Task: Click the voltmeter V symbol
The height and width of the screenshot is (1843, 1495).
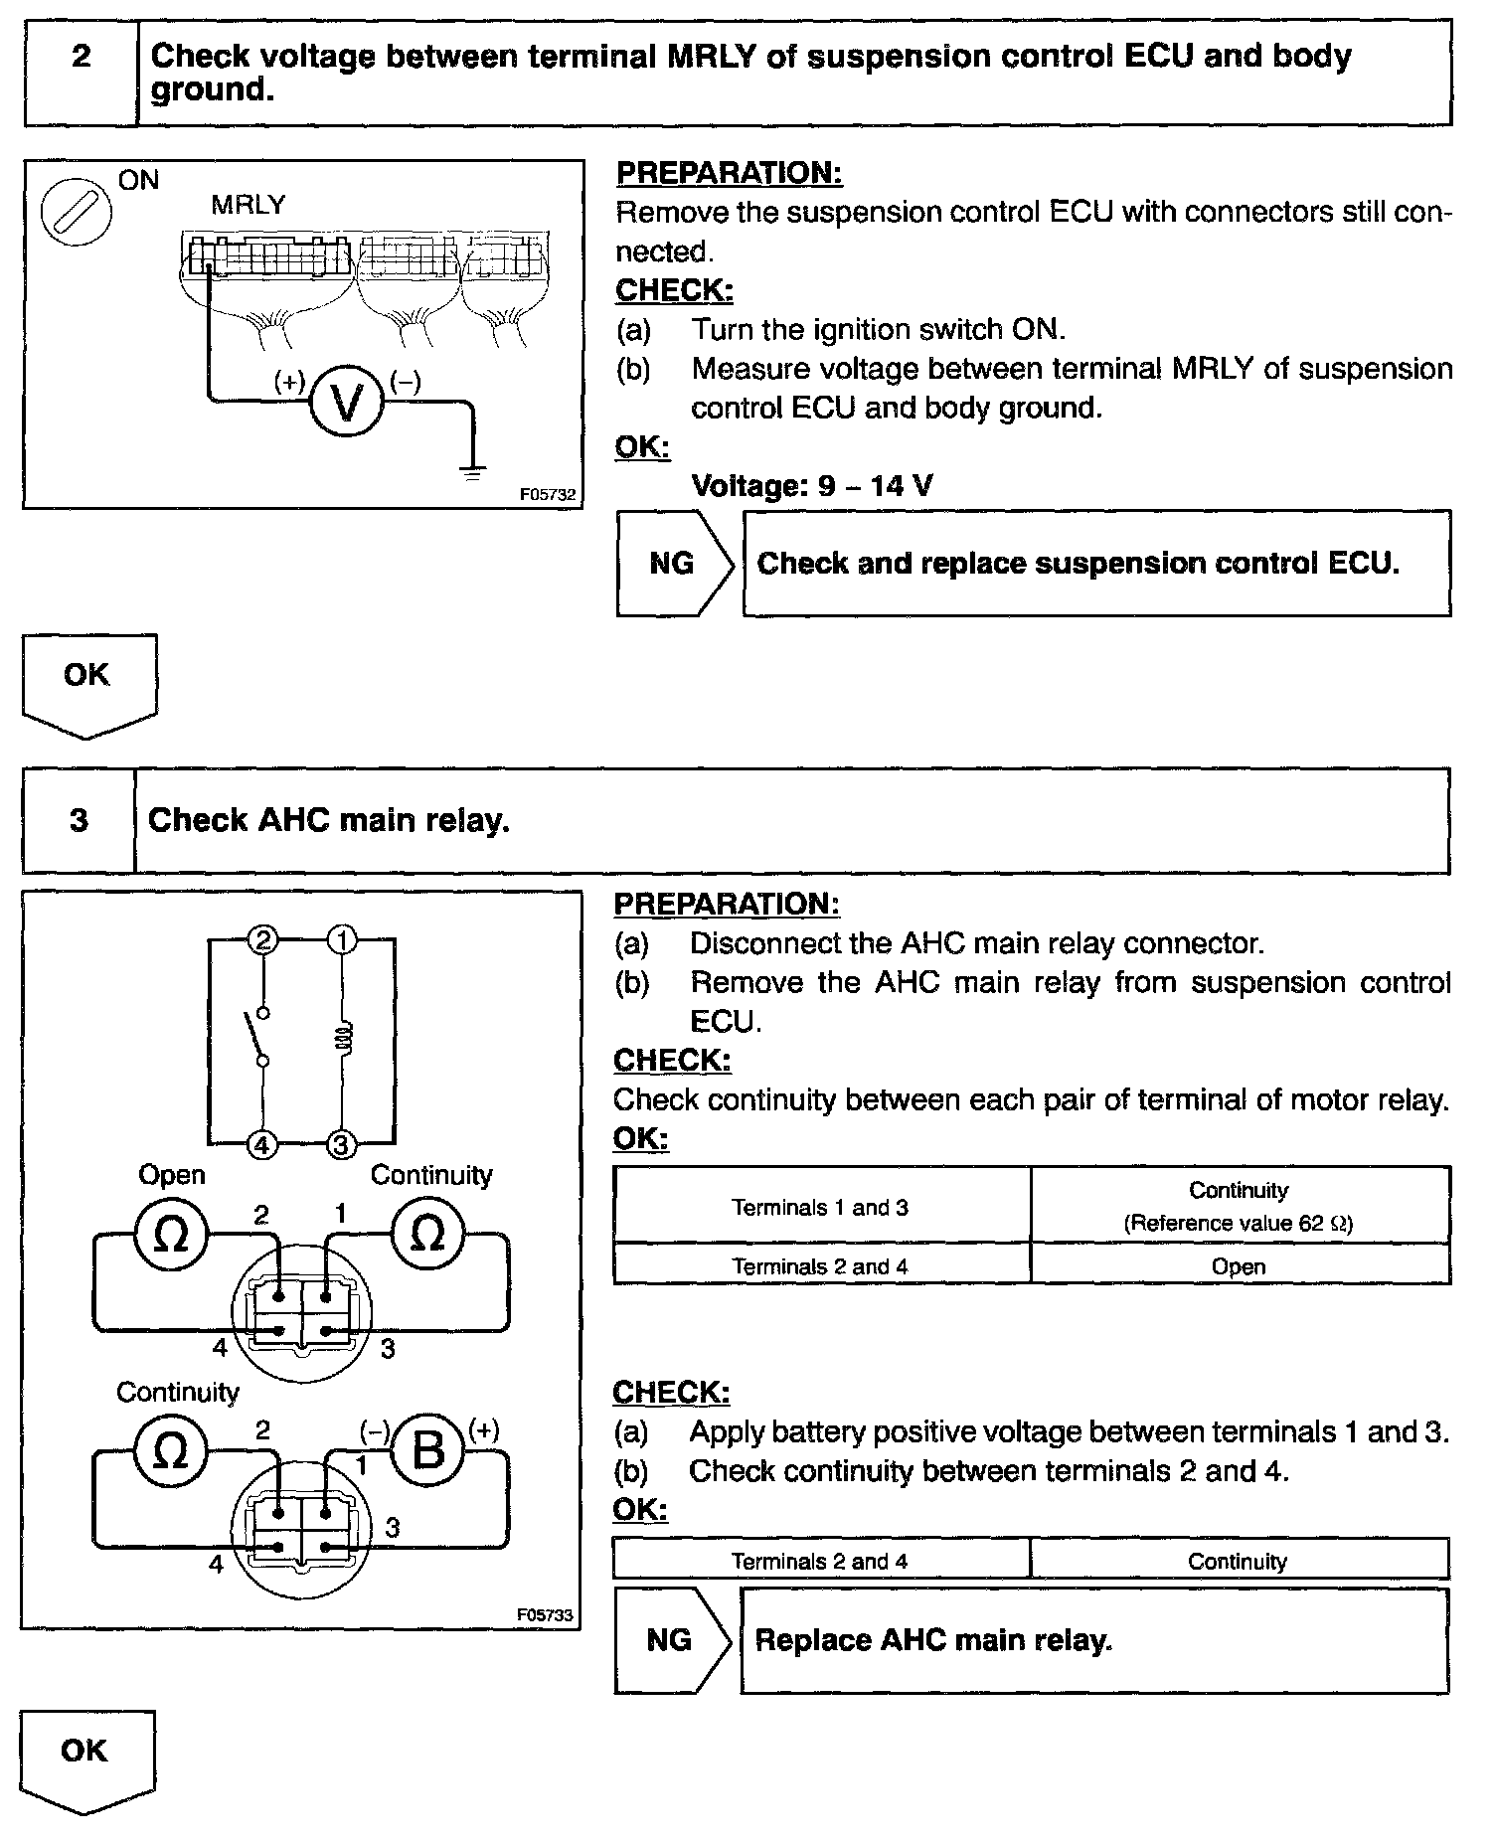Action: coord(346,402)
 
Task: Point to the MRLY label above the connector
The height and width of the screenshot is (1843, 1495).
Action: coord(248,205)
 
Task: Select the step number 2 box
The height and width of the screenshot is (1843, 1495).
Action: coord(81,57)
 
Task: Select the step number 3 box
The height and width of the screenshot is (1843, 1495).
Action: coord(79,820)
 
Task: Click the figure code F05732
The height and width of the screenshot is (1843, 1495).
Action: coord(547,494)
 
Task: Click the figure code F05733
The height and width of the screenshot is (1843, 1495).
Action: coord(545,1615)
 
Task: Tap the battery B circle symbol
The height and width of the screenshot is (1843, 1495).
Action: coord(427,1451)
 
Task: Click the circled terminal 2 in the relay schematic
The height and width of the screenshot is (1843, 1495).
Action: coord(263,939)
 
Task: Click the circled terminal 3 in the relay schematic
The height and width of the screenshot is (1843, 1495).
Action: coord(341,1145)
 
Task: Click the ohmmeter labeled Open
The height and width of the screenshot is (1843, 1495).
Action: coord(171,1235)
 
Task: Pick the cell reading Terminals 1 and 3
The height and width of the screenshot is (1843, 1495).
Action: coord(821,1207)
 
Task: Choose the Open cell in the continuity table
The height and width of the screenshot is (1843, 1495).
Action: coord(1239,1266)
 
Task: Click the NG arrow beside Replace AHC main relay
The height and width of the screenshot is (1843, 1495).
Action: coord(672,1639)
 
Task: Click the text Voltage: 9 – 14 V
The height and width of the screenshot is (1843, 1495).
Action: coord(811,486)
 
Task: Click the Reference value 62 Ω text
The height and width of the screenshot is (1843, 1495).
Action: coord(1239,1223)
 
